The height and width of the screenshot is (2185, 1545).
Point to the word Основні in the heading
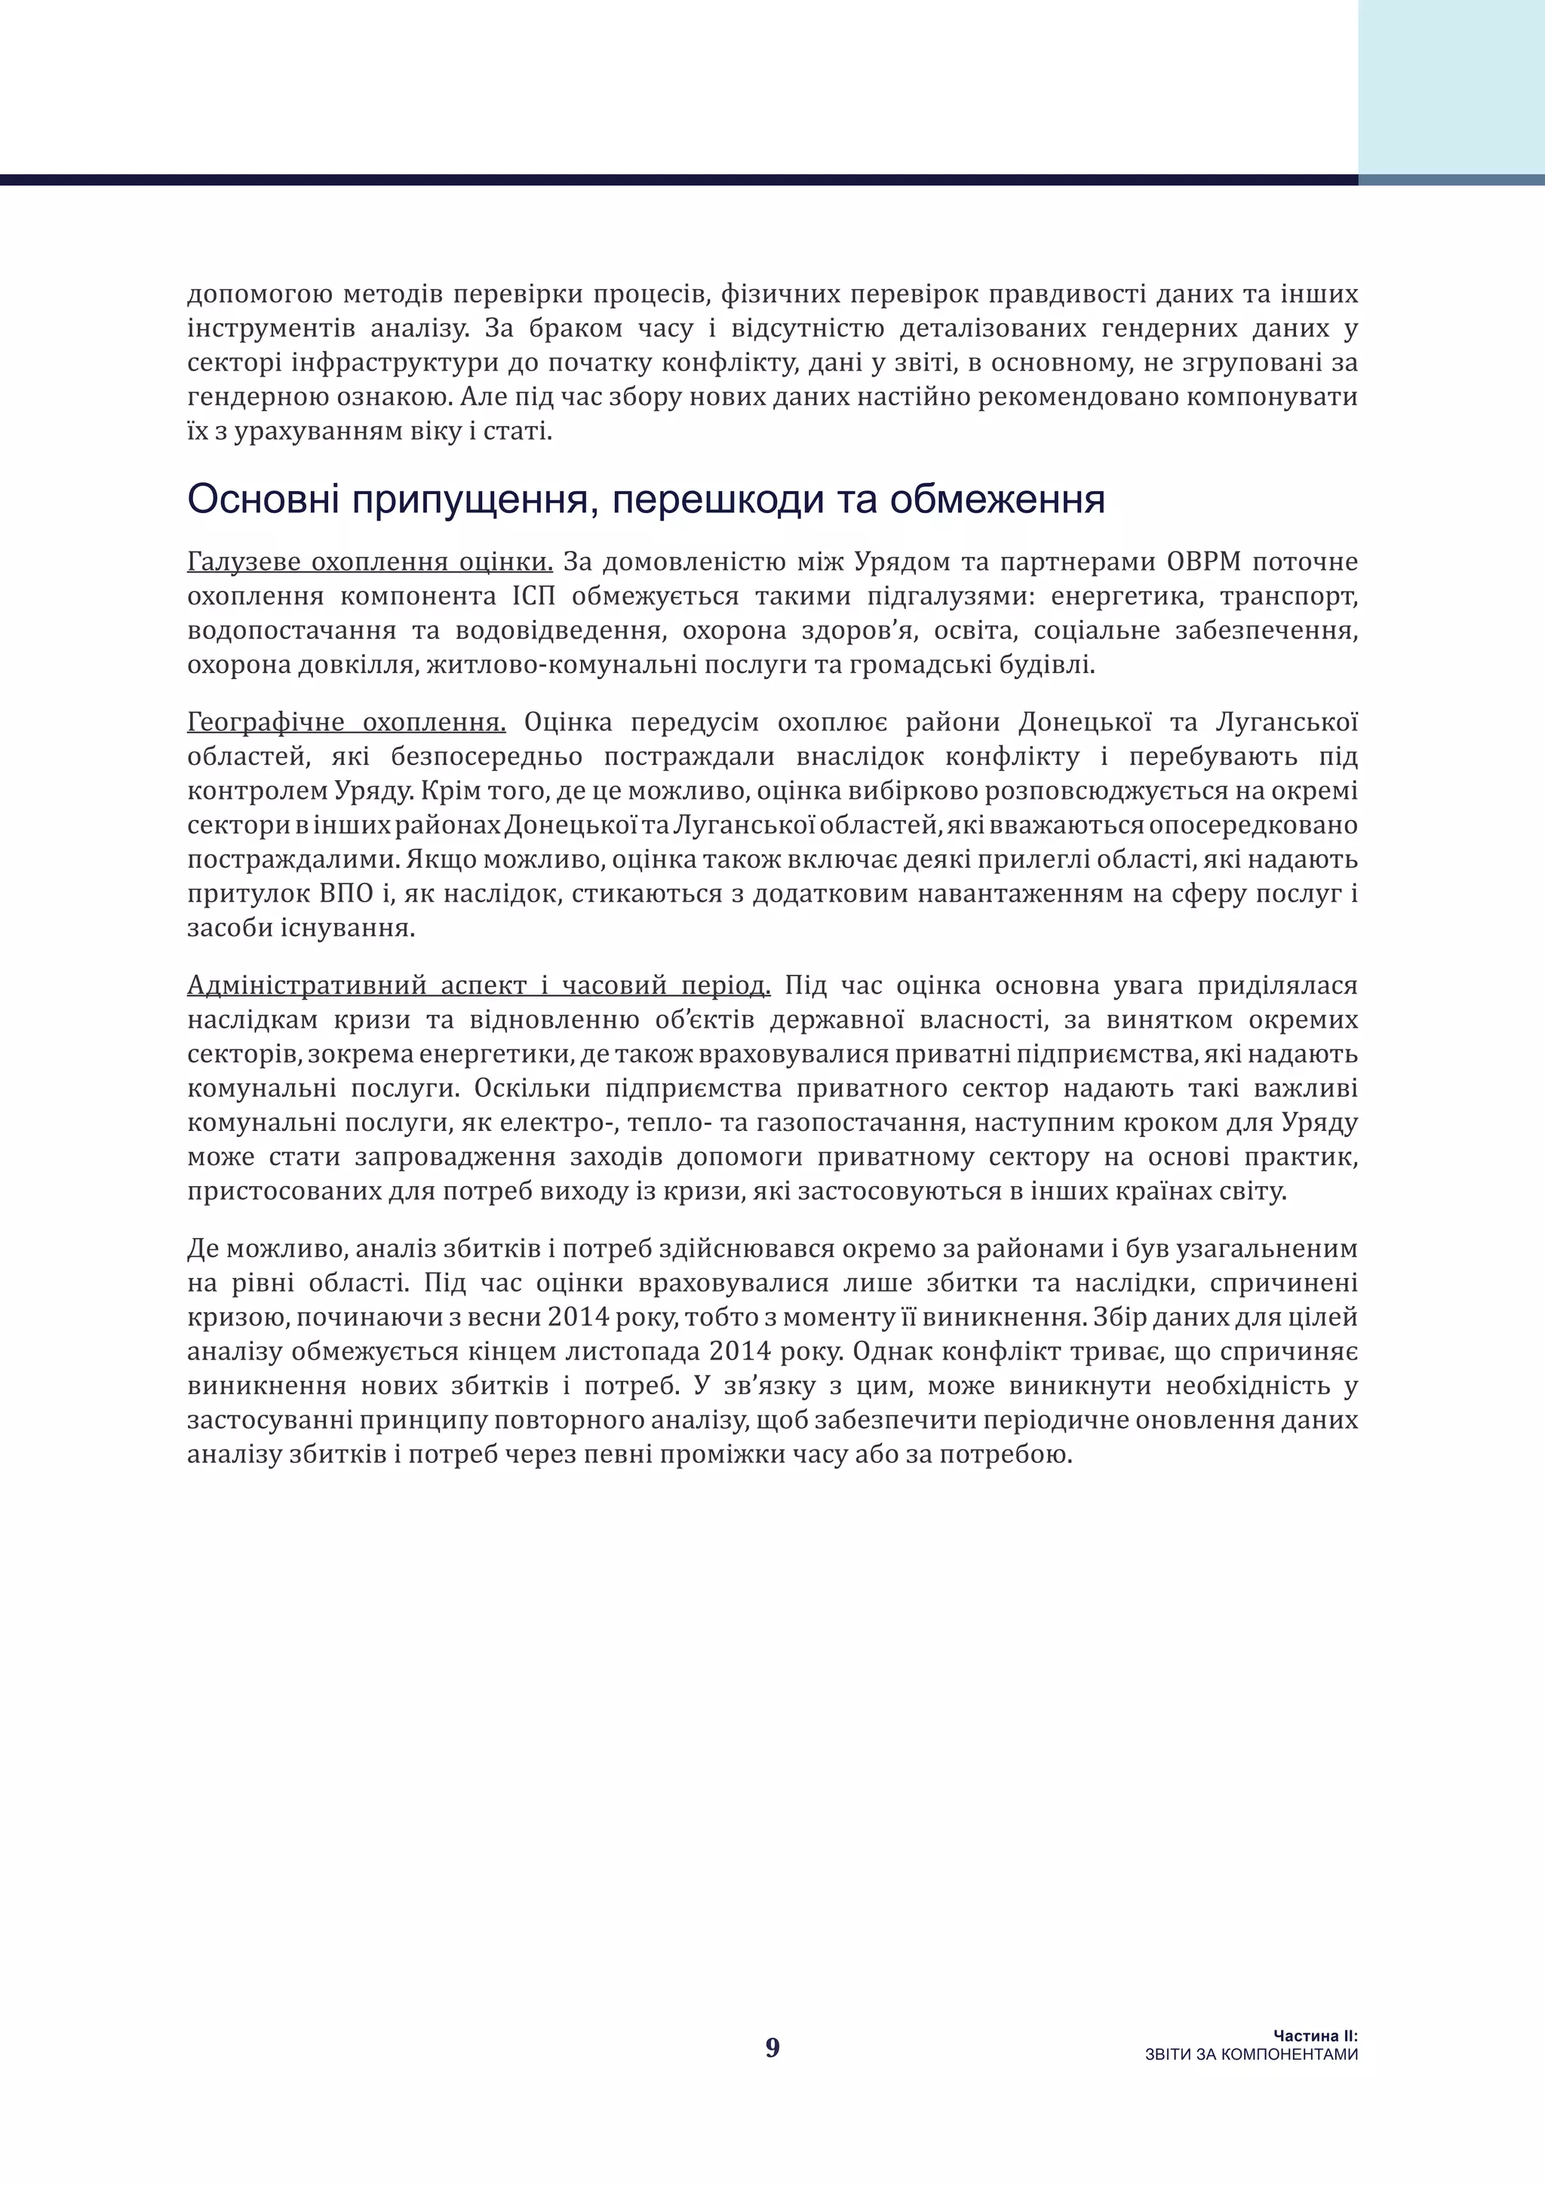click(263, 499)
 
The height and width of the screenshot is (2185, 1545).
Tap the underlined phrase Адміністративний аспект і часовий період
click(478, 986)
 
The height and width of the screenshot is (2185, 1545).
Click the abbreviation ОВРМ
click(1203, 562)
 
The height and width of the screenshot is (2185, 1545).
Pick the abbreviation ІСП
click(533, 597)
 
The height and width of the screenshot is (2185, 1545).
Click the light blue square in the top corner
click(1451, 86)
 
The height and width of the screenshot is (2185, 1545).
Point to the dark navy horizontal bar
click(666, 180)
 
